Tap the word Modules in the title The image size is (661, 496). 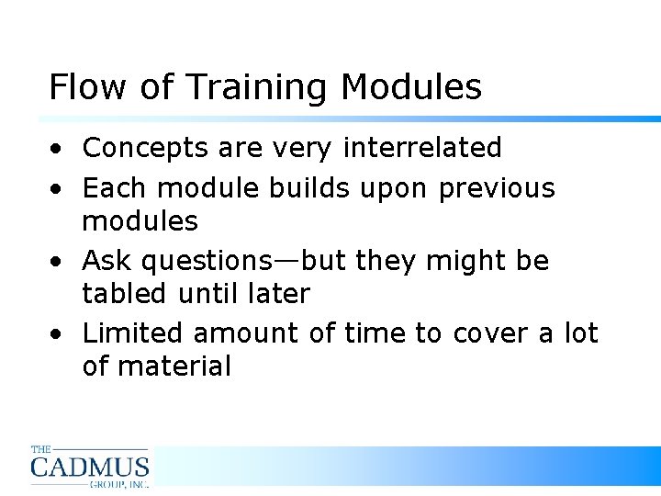coord(410,87)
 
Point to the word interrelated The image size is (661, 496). coord(422,147)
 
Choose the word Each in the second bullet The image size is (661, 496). coord(116,188)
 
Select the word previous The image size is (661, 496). coord(497,188)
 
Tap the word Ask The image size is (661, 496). coord(101,261)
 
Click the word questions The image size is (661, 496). coord(207,262)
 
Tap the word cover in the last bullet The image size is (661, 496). coord(493,333)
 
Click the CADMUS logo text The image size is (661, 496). coord(89,468)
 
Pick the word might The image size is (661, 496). coord(450,262)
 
